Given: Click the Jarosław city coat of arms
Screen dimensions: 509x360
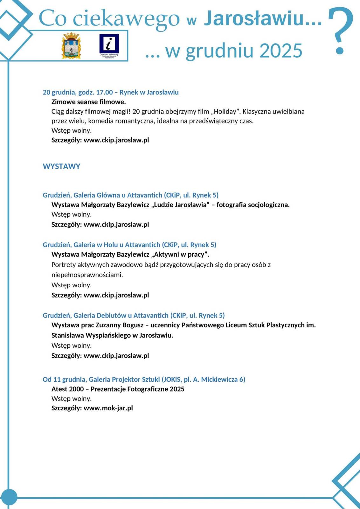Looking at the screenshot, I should pos(71,45).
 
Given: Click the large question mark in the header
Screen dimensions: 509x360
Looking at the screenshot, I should pos(340,30).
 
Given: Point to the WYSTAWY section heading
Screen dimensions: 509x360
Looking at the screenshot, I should pos(61,166).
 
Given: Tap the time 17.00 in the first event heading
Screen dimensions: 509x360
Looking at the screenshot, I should pos(104,93).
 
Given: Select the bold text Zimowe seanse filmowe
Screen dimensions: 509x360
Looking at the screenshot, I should pos(88,102).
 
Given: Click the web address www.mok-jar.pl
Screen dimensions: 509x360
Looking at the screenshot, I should pos(108,408).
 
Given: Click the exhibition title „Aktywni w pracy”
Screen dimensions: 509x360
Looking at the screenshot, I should pos(180,254).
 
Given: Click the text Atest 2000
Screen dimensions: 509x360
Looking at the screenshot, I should pos(67,389).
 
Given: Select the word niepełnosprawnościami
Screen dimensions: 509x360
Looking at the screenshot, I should pos(87,275).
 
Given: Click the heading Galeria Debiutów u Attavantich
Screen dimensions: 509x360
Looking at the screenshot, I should pos(121,316).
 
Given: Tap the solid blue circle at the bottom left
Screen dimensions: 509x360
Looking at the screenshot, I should pos(9,497).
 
